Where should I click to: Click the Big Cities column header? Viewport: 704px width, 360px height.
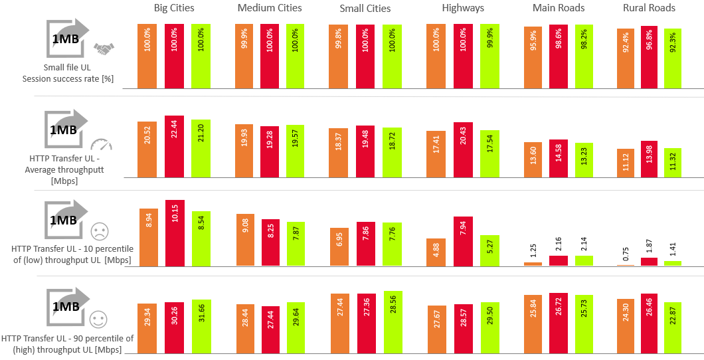coord(173,8)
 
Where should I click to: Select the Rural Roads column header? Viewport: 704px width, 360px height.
coord(649,8)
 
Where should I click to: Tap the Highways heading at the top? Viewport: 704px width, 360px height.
coord(463,8)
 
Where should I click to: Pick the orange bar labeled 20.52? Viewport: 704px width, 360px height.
coord(147,149)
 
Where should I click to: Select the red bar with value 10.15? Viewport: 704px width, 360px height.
coord(175,233)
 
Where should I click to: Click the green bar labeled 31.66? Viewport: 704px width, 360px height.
coord(201,326)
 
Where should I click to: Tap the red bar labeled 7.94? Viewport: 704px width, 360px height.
coord(464,241)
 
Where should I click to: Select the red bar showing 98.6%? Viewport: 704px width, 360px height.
coord(559,56)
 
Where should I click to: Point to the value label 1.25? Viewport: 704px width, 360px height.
coord(533,249)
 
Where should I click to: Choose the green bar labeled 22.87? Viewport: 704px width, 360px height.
coord(672,327)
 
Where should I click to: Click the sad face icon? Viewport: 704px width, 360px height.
coord(99,232)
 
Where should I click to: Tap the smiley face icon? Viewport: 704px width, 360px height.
coord(99,319)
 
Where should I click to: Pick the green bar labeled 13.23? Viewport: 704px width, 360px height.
coord(584,160)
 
